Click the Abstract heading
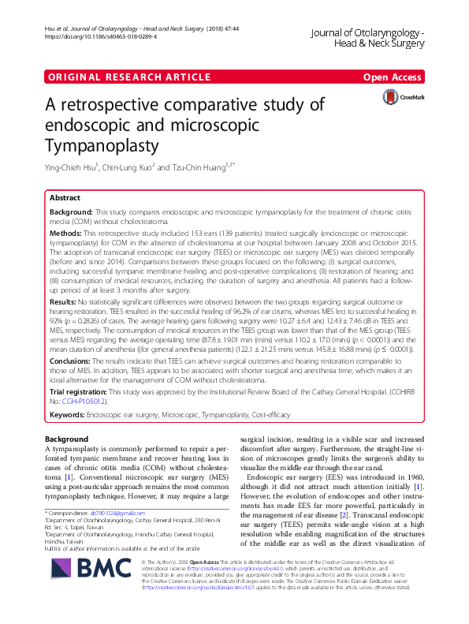click(x=65, y=199)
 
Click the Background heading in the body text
click(x=66, y=439)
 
